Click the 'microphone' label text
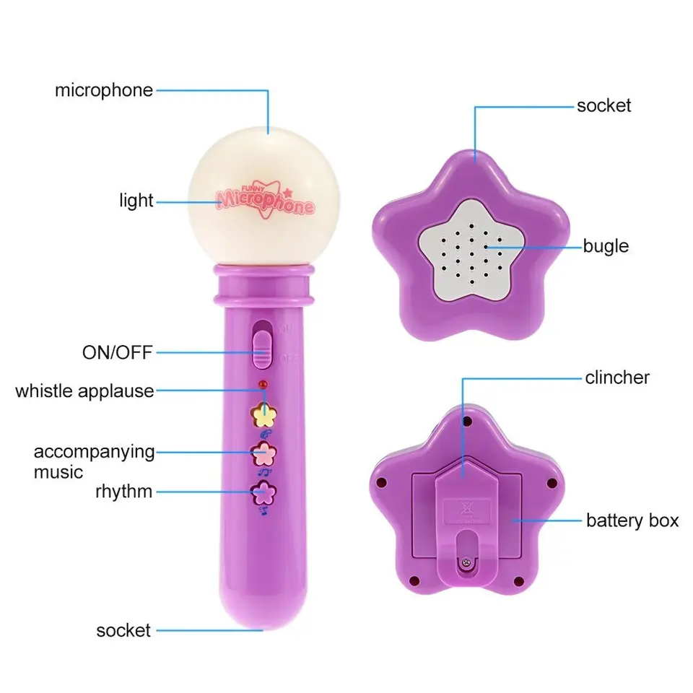pyautogui.click(x=104, y=90)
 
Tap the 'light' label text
pyautogui.click(x=136, y=200)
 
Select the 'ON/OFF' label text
pyautogui.click(x=118, y=354)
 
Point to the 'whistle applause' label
pyautogui.click(x=84, y=391)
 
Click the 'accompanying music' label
pyautogui.click(x=94, y=462)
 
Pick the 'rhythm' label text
pyautogui.click(x=123, y=492)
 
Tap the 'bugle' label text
pyautogui.click(x=606, y=246)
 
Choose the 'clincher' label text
pyautogui.click(x=617, y=377)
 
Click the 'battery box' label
pyautogui.click(x=632, y=520)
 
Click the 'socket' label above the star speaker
pyautogui.click(x=603, y=105)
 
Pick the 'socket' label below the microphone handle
pyautogui.click(x=123, y=630)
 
